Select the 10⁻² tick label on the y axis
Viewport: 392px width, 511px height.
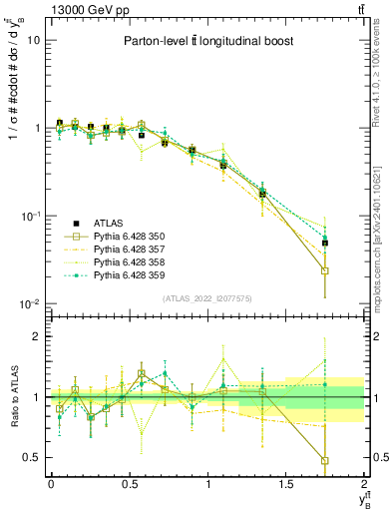coord(31,303)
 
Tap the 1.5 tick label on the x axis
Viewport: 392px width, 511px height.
coord(286,483)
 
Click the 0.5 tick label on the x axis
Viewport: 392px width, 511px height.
coord(129,483)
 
